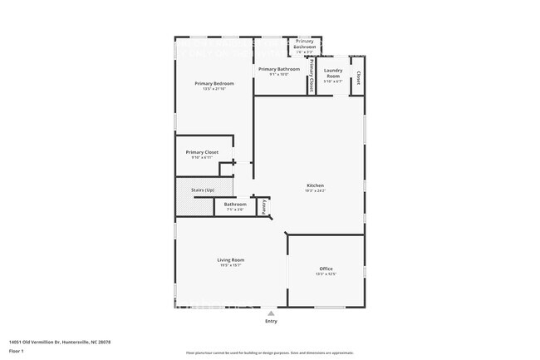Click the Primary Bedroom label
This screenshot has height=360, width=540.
214,83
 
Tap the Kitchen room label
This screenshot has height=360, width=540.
315,185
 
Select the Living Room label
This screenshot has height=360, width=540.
232,259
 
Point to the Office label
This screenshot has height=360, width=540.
326,269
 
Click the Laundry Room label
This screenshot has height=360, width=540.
333,71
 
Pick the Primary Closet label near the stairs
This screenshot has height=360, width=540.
202,152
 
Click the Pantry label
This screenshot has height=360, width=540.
264,206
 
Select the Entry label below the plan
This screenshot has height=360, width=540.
271,321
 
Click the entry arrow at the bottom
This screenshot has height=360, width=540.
271,313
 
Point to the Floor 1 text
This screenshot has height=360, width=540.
16,351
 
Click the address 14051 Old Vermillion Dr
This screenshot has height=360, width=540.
60,342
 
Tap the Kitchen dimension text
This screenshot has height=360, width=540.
315,191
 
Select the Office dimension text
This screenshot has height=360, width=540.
326,274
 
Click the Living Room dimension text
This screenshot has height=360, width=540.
232,265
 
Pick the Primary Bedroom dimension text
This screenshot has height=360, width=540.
214,89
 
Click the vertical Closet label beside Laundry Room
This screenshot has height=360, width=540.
358,77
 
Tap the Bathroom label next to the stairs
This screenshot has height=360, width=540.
234,204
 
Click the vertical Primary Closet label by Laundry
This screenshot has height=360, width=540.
311,76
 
